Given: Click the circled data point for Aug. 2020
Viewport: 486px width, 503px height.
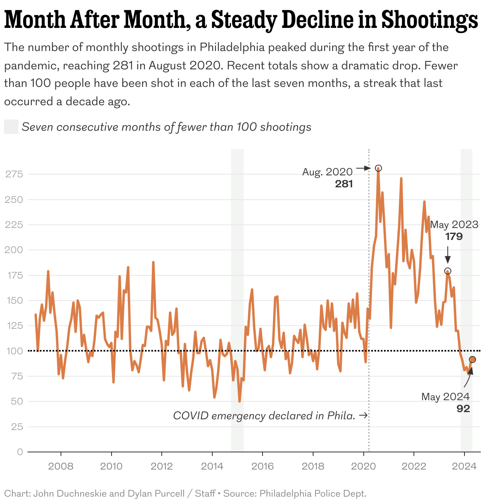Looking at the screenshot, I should pos(378,168).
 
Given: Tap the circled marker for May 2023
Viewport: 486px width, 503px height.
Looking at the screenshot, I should pos(447,271).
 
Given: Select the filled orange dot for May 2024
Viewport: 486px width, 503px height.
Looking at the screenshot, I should pos(472,360).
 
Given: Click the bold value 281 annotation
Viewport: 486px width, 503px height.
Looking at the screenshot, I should pos(344,184).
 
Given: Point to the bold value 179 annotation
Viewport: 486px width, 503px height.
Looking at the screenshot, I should pos(454,236).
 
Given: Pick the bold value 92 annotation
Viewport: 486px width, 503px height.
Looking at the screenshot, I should pos(463,409).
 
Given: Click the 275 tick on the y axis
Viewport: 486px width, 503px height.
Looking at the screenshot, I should pos(14,174).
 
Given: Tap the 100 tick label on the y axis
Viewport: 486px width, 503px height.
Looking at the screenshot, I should pos(14,351).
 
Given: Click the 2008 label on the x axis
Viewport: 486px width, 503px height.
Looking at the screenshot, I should pos(61,466).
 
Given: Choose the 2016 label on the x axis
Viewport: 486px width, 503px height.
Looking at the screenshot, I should pos(263,466).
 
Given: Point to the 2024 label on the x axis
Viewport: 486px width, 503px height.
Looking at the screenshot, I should pos(464,466).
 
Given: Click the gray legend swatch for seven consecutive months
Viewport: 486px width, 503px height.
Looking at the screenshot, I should pos(11,127).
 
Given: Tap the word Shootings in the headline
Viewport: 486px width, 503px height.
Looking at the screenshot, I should pos(429,20).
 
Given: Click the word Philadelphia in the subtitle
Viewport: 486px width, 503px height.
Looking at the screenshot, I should pos(232,47).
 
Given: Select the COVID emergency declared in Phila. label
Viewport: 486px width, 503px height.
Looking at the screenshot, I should pos(264,416).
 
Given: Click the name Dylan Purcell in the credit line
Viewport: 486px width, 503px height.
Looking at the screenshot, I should pos(156,493).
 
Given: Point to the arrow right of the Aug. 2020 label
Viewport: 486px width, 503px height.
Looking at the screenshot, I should pos(363,169).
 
